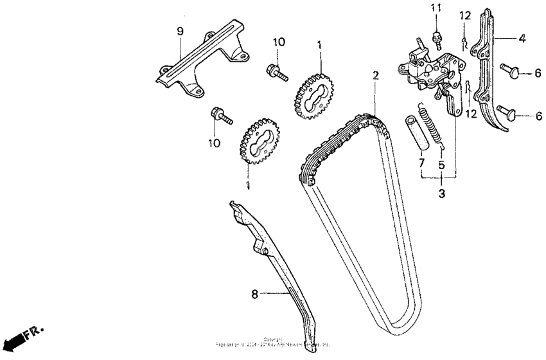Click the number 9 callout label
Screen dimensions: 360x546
pyautogui.click(x=180, y=32)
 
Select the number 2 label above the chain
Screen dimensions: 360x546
pyautogui.click(x=374, y=75)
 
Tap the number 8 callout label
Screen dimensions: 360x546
pyautogui.click(x=254, y=294)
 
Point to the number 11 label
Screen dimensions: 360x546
pyautogui.click(x=436, y=7)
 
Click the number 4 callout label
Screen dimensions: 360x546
pyautogui.click(x=522, y=39)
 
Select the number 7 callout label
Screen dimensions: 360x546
pyautogui.click(x=421, y=164)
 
